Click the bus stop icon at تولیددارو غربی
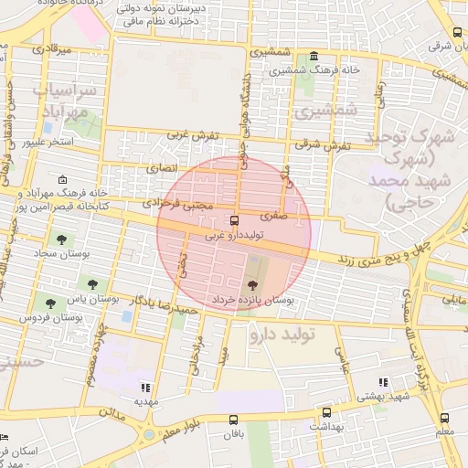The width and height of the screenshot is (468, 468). click(234, 220)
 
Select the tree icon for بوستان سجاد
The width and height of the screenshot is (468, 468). click(61, 239)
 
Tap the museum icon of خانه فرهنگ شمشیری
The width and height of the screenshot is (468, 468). click(314, 55)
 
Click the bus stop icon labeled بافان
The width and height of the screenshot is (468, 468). click(234, 420)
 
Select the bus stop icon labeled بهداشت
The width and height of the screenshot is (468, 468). click(325, 412)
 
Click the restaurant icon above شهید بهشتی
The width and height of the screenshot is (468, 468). click(382, 383)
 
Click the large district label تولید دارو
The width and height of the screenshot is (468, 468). click(281, 335)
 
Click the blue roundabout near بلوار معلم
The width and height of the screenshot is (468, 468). click(149, 433)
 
